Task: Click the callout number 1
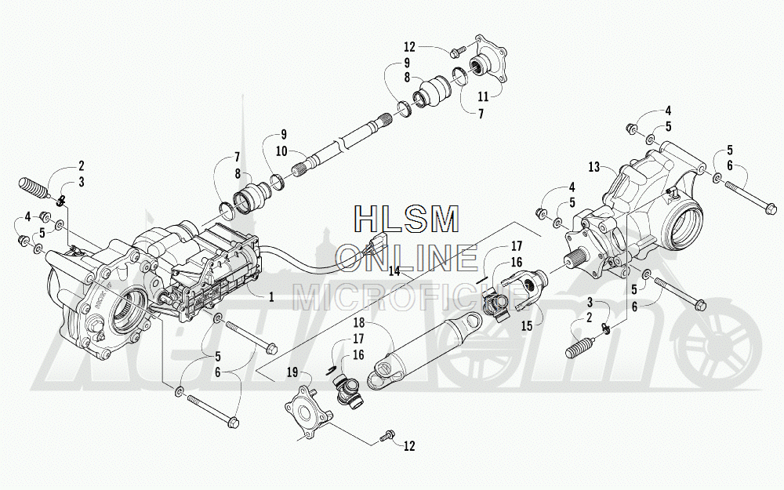coord(271,297)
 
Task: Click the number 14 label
coord(393,271)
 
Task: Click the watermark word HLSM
coord(406,219)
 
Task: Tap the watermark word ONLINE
coord(406,257)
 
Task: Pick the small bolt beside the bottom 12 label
coord(386,436)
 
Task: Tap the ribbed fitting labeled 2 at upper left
coord(32,191)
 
